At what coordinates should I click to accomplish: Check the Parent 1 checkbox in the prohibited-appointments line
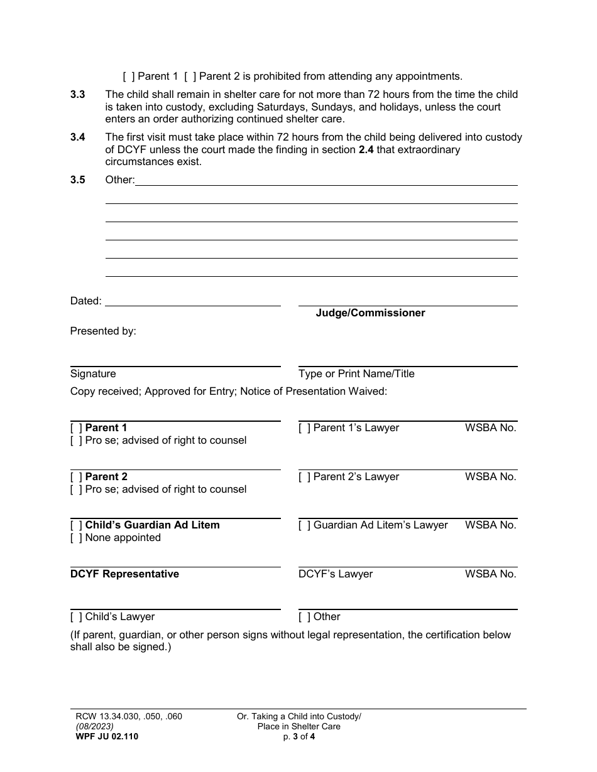click(x=128, y=77)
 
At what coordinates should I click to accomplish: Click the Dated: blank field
click(x=192, y=301)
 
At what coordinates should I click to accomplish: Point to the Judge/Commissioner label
click(x=370, y=313)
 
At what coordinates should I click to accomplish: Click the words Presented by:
click(x=103, y=331)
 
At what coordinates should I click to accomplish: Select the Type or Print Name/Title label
click(x=356, y=373)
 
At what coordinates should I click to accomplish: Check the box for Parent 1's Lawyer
click(x=304, y=428)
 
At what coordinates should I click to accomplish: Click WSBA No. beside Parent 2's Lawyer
click(x=490, y=477)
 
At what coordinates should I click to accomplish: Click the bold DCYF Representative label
click(x=124, y=574)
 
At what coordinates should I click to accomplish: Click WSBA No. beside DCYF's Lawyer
click(x=490, y=574)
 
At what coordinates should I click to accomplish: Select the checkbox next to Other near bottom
click(x=304, y=617)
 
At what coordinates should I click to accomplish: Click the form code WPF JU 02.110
click(x=104, y=737)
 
